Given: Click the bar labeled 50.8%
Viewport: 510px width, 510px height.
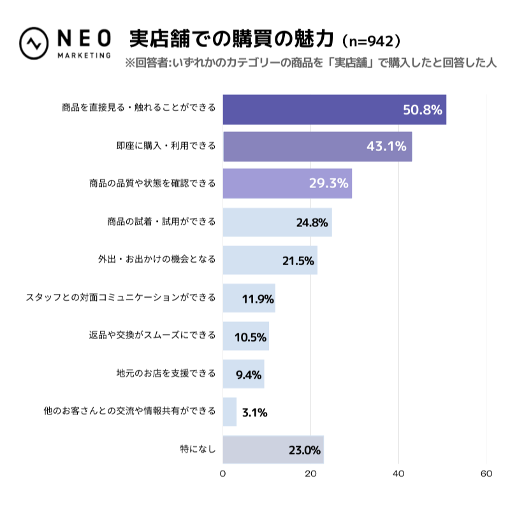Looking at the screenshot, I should click(x=334, y=110).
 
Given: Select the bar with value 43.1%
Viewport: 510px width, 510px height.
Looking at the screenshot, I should click(x=317, y=147).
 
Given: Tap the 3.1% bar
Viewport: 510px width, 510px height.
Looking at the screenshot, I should click(x=229, y=412).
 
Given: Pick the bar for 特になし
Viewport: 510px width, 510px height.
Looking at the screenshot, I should click(x=273, y=449).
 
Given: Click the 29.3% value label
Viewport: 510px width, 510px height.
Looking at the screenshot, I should click(x=328, y=184).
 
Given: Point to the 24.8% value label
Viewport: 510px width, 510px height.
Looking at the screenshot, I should click(x=312, y=222).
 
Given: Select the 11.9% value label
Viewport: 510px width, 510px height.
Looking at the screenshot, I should click(x=258, y=298).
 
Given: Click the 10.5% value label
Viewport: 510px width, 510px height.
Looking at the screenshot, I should click(x=251, y=337).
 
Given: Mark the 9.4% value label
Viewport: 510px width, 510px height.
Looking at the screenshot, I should click(x=249, y=374).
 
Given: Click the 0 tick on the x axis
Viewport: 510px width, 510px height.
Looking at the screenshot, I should click(x=222, y=474).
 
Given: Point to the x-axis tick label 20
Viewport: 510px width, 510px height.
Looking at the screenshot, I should click(x=310, y=474).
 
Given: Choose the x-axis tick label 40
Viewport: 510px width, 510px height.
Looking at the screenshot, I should click(x=399, y=474).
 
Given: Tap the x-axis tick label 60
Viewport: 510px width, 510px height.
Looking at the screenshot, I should click(x=486, y=474).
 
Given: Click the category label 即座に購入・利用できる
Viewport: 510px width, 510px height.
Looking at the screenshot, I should click(x=166, y=146).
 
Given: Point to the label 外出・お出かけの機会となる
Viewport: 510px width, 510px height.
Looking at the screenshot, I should click(x=157, y=259).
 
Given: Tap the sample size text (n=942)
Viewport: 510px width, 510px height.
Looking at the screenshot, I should click(x=371, y=41).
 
